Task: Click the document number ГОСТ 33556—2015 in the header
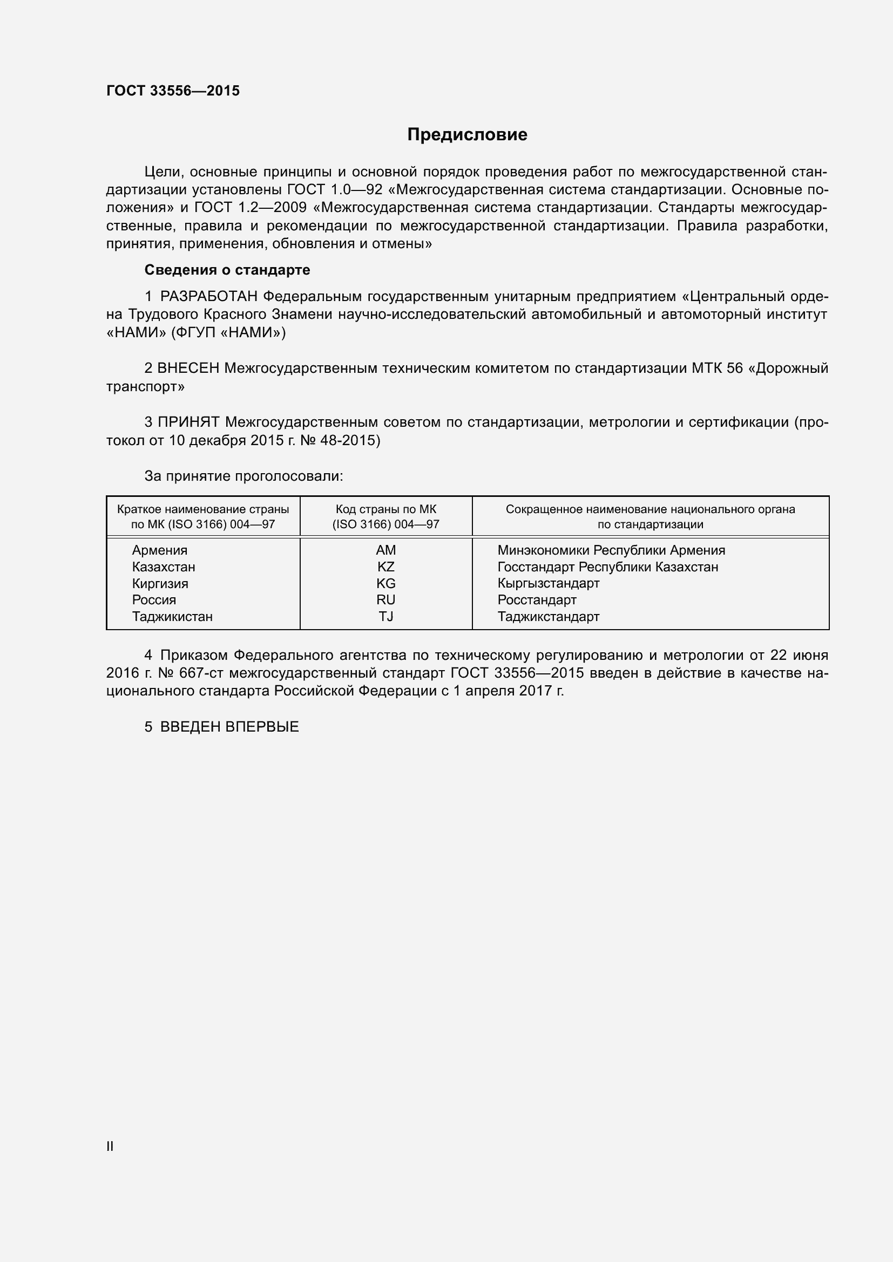point(173,91)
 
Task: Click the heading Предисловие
point(467,135)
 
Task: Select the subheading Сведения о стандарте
point(227,270)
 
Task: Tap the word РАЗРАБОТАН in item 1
point(208,297)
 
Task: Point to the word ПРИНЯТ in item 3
point(188,422)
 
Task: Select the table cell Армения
point(159,550)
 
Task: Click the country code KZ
point(385,567)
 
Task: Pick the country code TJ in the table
point(385,616)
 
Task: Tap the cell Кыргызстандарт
point(548,583)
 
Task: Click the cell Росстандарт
point(537,599)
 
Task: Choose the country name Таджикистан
point(172,616)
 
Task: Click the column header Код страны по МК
point(385,509)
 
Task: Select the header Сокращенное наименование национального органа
point(650,509)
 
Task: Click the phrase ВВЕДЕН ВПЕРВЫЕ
point(229,727)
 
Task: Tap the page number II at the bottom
point(110,1147)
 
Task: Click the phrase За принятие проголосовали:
point(243,476)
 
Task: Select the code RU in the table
point(385,599)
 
